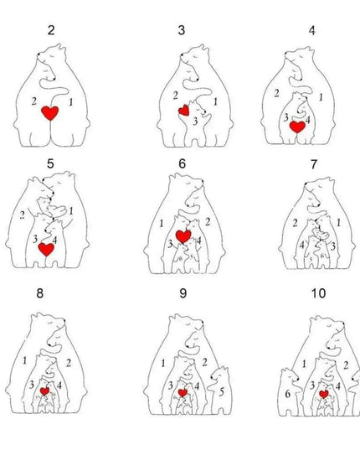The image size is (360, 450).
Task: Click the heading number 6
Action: point(182,163)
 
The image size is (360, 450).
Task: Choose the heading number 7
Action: point(312,163)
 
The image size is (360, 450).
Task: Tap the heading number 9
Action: point(182,294)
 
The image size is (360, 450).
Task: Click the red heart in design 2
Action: point(52,113)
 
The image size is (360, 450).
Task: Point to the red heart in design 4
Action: point(297,127)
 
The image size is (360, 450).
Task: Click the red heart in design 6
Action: point(183,237)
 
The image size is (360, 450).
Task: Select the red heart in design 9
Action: point(183,391)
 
